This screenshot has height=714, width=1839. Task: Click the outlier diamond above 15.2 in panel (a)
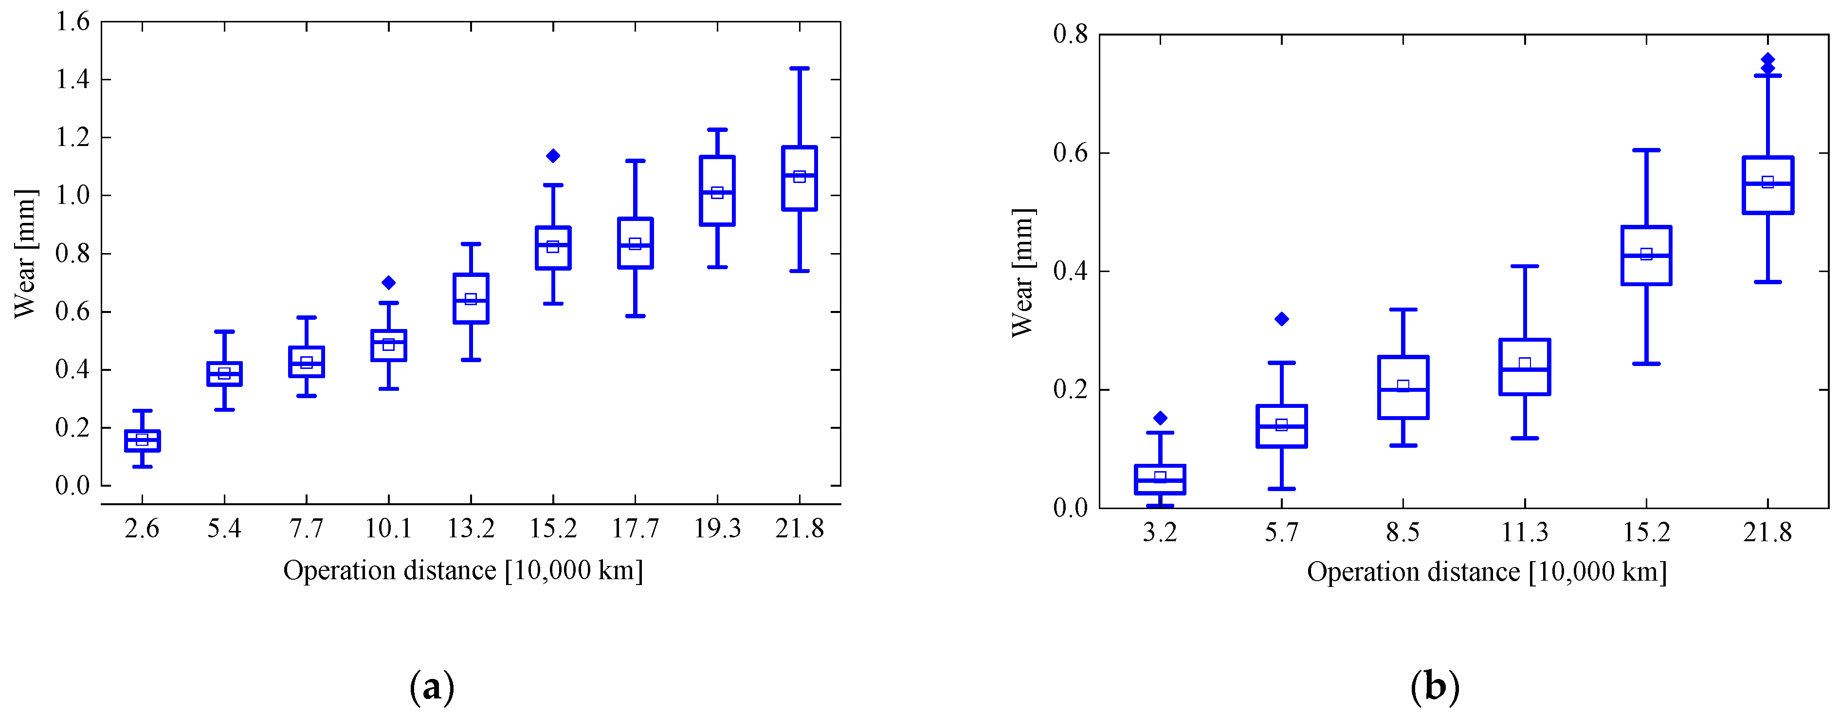tap(552, 156)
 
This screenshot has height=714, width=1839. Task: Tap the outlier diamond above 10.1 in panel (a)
tap(388, 283)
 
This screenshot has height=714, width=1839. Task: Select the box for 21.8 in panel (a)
tap(799, 179)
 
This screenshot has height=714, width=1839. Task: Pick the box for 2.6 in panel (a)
tap(142, 440)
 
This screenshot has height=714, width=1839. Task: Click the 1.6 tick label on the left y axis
tap(73, 22)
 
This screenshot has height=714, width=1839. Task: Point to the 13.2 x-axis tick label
tap(471, 529)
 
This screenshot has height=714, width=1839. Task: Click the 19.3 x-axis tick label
tap(717, 529)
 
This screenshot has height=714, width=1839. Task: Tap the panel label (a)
tap(432, 687)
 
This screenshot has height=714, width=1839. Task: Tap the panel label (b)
tap(1435, 687)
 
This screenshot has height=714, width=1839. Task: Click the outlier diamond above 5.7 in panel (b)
tap(1281, 319)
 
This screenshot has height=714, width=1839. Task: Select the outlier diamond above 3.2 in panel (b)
tap(1160, 418)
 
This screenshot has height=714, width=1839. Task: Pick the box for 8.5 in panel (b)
tap(1403, 387)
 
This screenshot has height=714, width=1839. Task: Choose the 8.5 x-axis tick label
tap(1403, 532)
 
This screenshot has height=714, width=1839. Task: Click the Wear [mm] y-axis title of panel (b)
tap(1023, 273)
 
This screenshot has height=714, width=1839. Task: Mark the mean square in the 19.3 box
tap(717, 193)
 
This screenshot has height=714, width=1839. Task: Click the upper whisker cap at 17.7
tap(635, 161)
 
